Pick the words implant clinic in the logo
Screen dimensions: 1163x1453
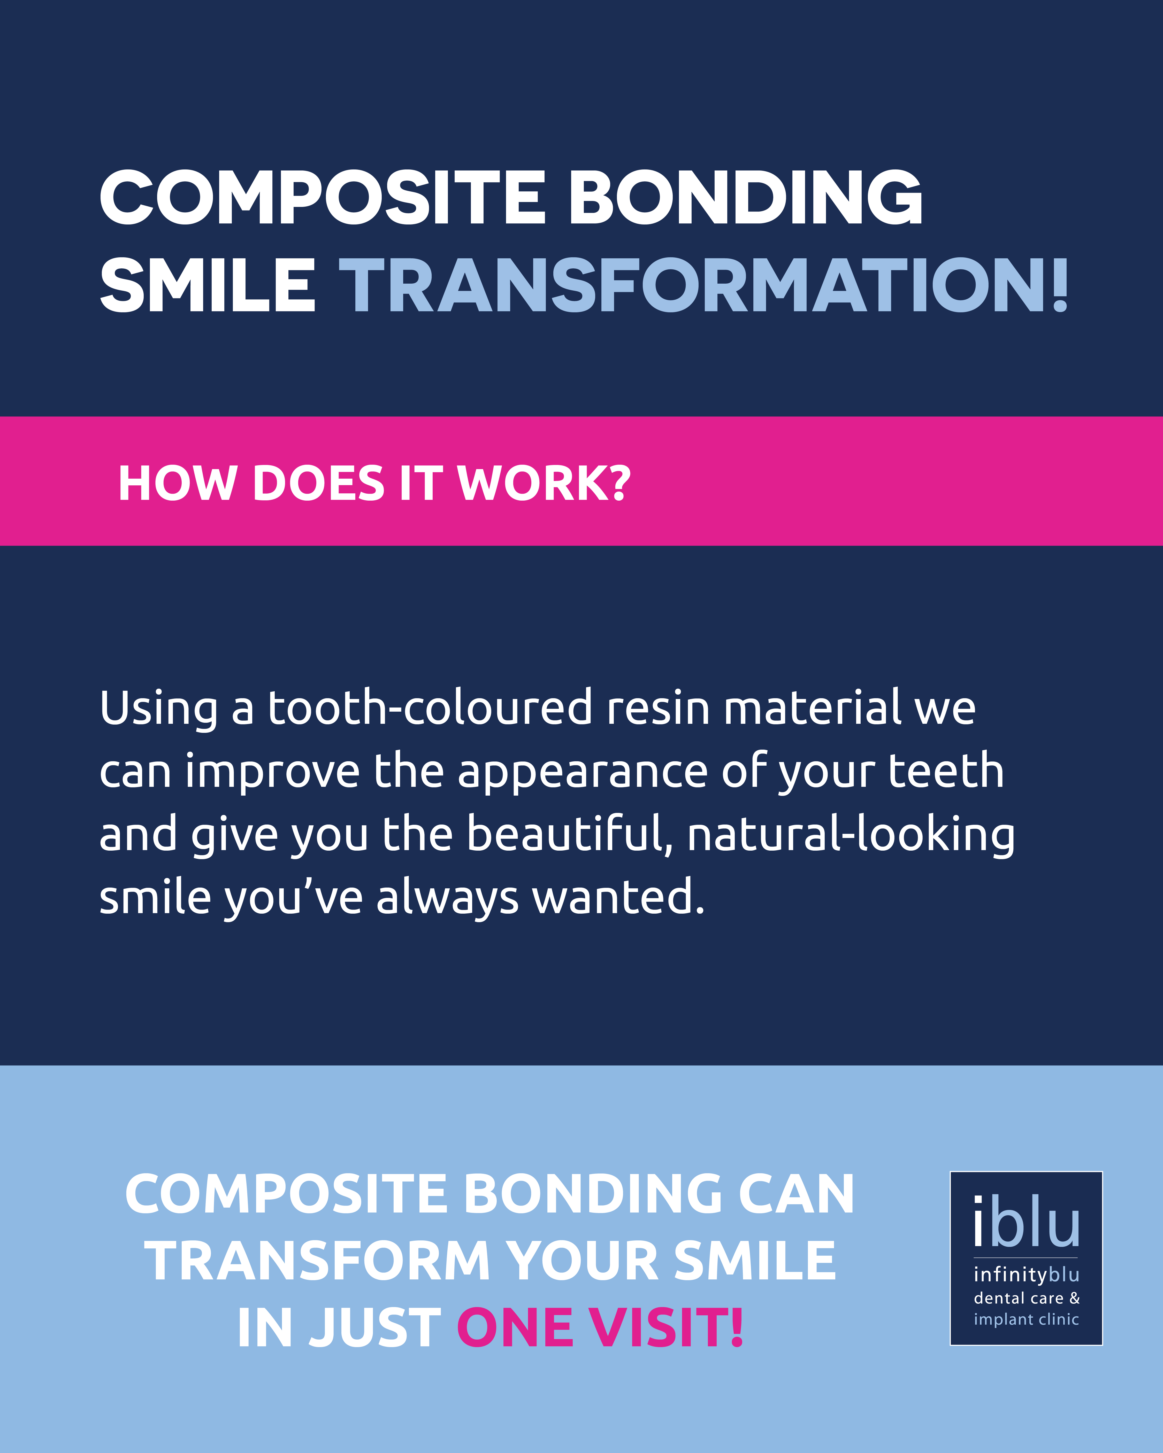[1026, 1319]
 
